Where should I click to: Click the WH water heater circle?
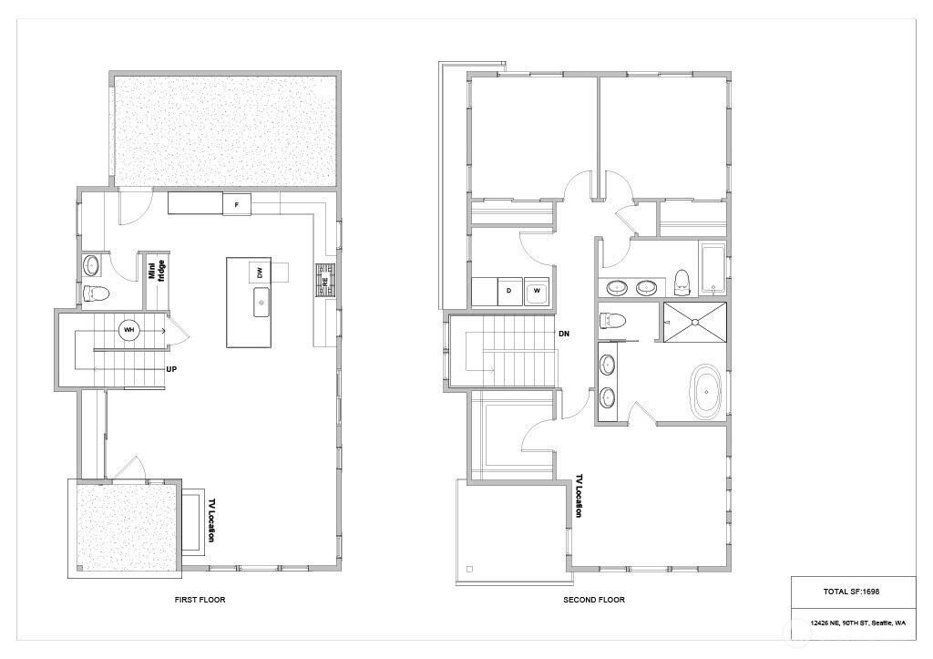point(129,330)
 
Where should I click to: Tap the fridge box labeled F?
point(237,205)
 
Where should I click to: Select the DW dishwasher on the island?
point(260,273)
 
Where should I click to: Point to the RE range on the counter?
point(325,281)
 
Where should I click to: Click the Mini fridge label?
point(157,271)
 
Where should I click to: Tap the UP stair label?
point(171,369)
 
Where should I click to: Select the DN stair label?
point(564,334)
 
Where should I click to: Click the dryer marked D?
point(509,291)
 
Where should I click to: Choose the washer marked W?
point(538,291)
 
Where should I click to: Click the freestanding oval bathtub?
point(706,391)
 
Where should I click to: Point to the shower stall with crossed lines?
point(695,322)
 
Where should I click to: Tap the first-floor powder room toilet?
point(95,293)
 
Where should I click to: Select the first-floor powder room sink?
point(91,265)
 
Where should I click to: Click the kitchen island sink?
point(261,302)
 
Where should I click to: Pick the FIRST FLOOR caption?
point(200,600)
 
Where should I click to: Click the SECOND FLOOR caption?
point(594,600)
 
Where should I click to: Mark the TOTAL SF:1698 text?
point(852,592)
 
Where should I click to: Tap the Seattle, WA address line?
point(858,623)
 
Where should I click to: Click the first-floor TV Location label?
point(210,520)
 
